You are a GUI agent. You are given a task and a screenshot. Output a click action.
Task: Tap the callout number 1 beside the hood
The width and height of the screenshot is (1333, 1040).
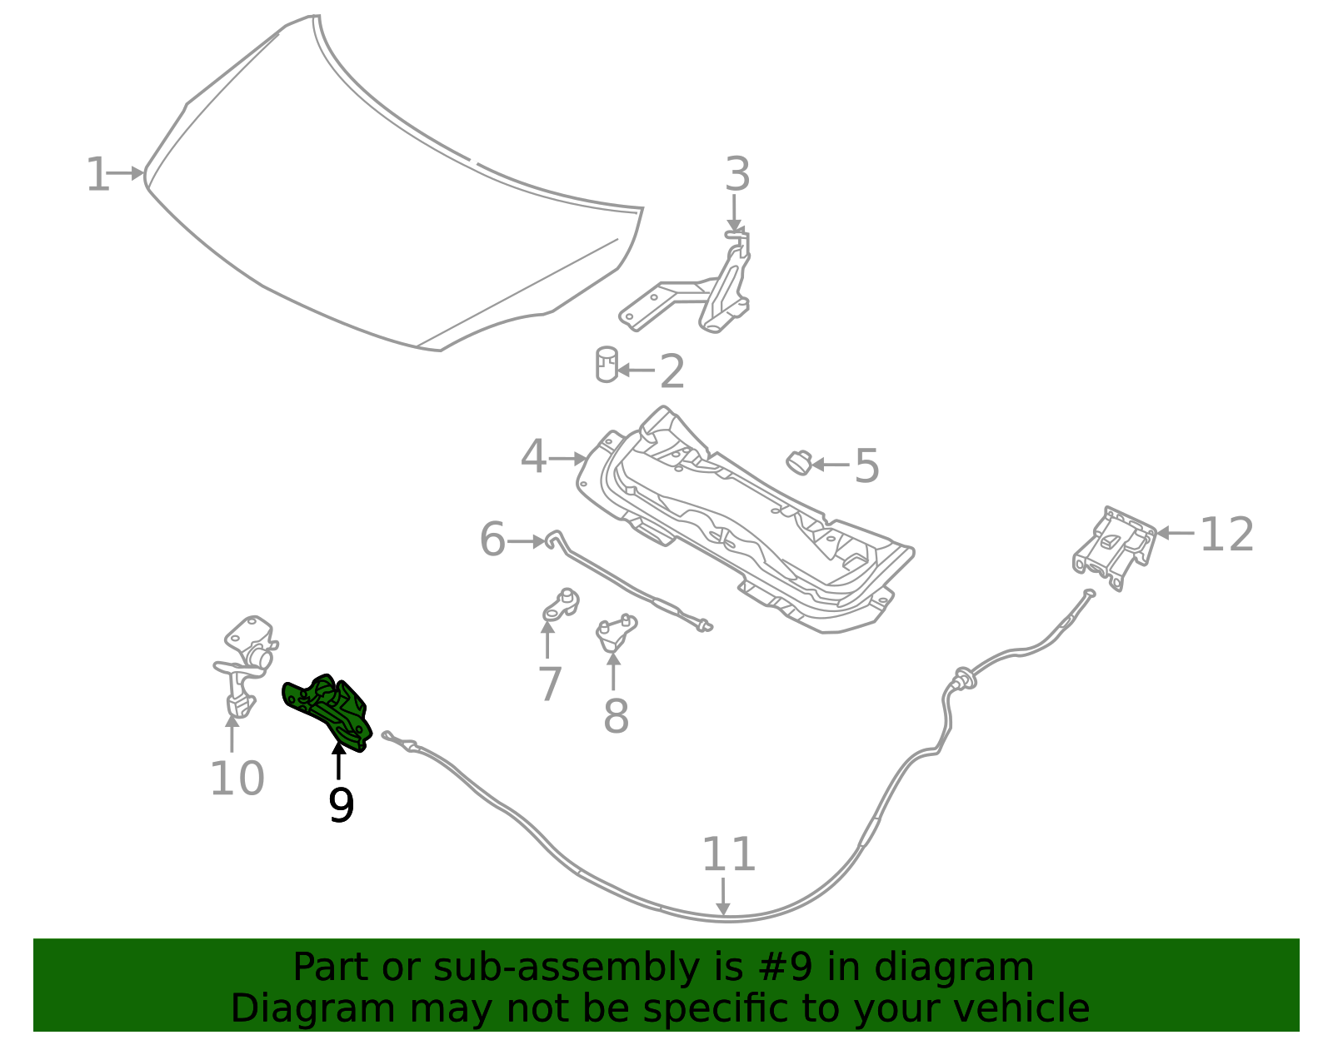[x=97, y=175]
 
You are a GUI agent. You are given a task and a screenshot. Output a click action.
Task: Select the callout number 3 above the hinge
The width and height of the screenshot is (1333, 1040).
[x=736, y=175]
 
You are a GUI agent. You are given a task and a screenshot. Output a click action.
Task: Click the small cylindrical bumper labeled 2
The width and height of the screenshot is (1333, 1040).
[x=607, y=366]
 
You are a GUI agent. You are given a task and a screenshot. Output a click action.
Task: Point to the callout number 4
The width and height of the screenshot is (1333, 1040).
[x=533, y=458]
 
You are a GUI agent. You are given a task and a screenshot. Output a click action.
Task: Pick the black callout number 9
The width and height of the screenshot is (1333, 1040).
[x=341, y=805]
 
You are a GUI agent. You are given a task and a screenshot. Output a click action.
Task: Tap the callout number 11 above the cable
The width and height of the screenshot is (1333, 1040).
[x=728, y=854]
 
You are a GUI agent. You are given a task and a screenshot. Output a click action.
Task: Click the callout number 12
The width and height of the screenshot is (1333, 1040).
[x=1226, y=535]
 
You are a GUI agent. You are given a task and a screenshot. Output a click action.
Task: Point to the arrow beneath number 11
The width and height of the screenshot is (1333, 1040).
[x=723, y=899]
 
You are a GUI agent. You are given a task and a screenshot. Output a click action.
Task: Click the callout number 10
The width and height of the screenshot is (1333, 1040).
[x=237, y=779]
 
